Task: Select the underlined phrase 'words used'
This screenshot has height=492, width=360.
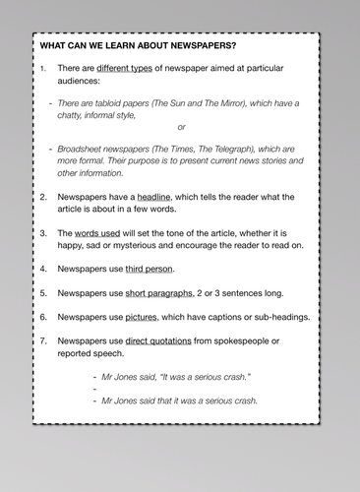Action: click(x=100, y=232)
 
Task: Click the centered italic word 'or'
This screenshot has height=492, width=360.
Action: click(x=181, y=127)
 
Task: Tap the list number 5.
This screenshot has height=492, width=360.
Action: click(x=43, y=292)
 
